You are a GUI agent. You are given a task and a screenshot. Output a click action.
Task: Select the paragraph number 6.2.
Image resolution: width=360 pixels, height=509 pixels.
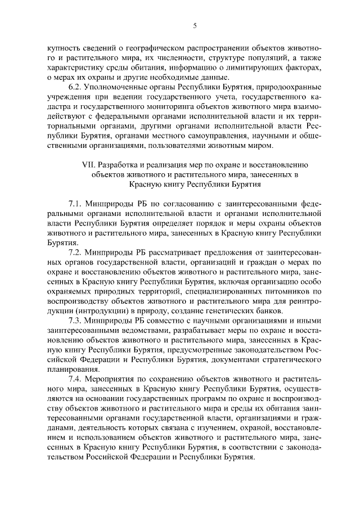(x=75, y=88)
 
